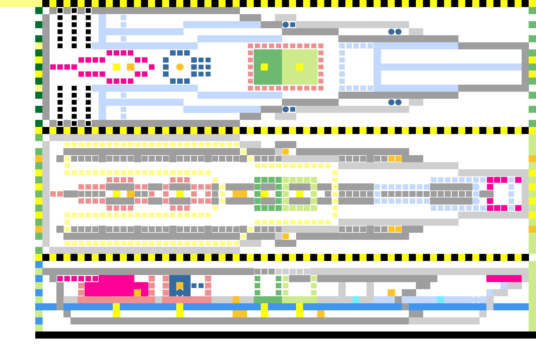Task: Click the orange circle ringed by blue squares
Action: pyautogui.click(x=180, y=67)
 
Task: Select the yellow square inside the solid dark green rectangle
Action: pyautogui.click(x=264, y=67)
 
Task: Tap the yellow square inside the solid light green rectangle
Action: pyautogui.click(x=300, y=67)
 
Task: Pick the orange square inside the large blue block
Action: pyautogui.click(x=180, y=285)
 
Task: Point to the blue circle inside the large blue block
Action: pyautogui.click(x=180, y=292)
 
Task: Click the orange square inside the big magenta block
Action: pyautogui.click(x=137, y=292)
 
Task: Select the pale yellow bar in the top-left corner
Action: pyautogui.click(x=21, y=3)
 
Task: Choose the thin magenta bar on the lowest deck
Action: pyautogui.click(x=504, y=278)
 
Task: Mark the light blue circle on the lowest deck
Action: pyautogui.click(x=476, y=300)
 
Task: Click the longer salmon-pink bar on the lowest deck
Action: pyautogui.click(x=116, y=300)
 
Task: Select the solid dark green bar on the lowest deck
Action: pyautogui.click(x=268, y=300)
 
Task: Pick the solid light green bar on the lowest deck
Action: pyautogui.click(x=300, y=300)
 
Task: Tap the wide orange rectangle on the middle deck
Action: pyautogui.click(x=240, y=194)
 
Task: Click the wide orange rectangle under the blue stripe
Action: pyautogui.click(x=240, y=314)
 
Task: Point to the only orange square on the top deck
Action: pyautogui.click(x=130, y=67)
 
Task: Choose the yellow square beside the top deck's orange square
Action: pyautogui.click(x=116, y=67)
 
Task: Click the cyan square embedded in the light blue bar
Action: pyautogui.click(x=441, y=300)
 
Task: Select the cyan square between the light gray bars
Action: pyautogui.click(x=356, y=300)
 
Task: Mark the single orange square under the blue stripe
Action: pyautogui.click(x=321, y=314)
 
